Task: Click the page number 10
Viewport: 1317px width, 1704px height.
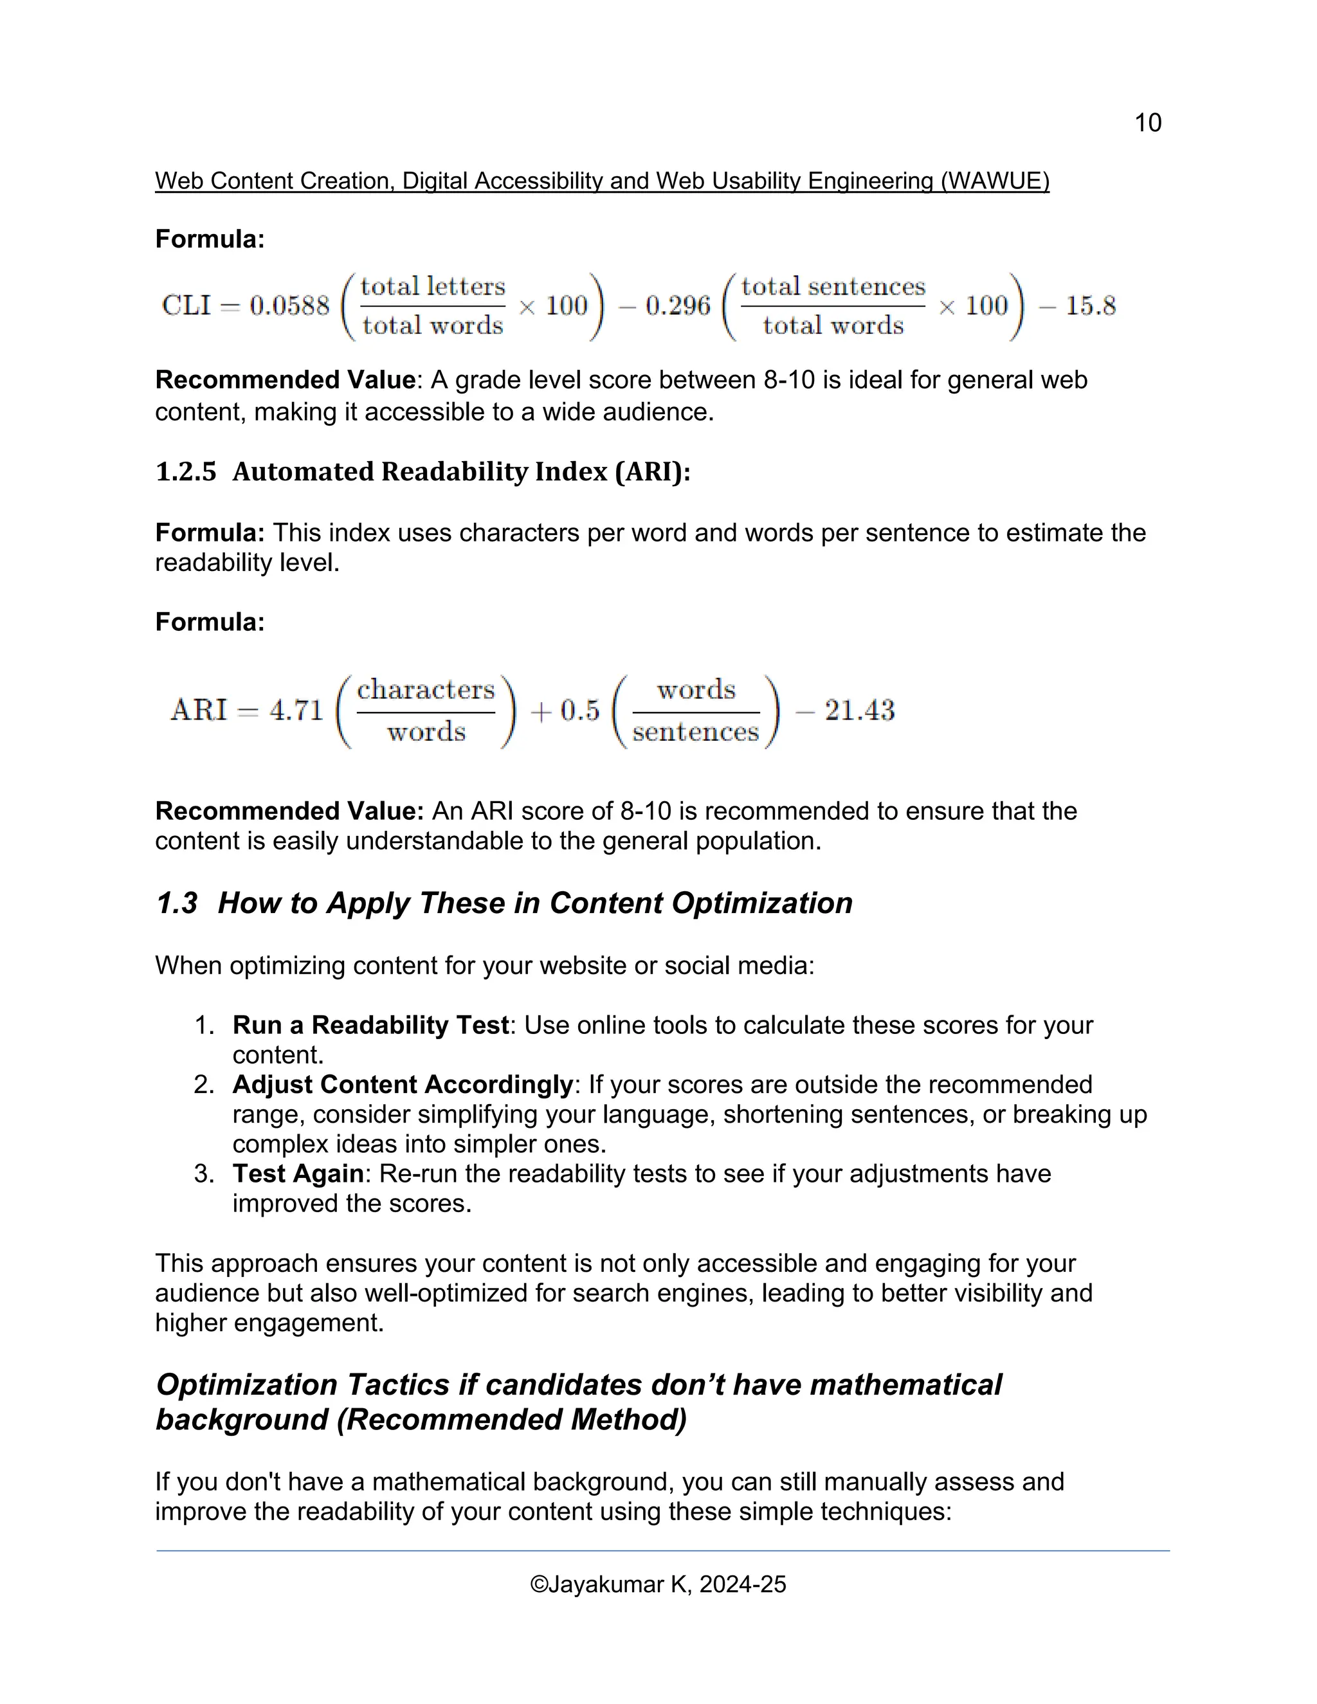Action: click(1147, 122)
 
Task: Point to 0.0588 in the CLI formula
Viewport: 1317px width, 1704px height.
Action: click(289, 306)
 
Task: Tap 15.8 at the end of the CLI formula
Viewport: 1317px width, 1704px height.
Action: click(1090, 306)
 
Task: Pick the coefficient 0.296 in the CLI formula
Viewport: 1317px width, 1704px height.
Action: click(677, 306)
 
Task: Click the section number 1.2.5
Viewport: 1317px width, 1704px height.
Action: click(186, 472)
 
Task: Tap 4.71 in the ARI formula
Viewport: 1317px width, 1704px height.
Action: click(296, 711)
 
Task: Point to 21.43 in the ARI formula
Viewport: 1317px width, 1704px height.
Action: click(859, 711)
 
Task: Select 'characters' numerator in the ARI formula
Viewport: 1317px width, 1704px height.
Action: click(426, 690)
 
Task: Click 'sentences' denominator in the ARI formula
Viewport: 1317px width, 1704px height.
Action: click(695, 732)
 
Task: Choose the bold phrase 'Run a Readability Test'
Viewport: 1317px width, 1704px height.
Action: click(370, 1025)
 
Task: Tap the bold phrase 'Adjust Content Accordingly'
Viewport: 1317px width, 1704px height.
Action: click(403, 1085)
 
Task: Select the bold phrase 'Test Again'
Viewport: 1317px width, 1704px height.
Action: click(298, 1174)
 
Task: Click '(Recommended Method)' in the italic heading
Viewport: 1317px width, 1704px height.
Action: click(512, 1419)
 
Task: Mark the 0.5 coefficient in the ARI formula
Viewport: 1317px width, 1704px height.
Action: click(579, 711)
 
